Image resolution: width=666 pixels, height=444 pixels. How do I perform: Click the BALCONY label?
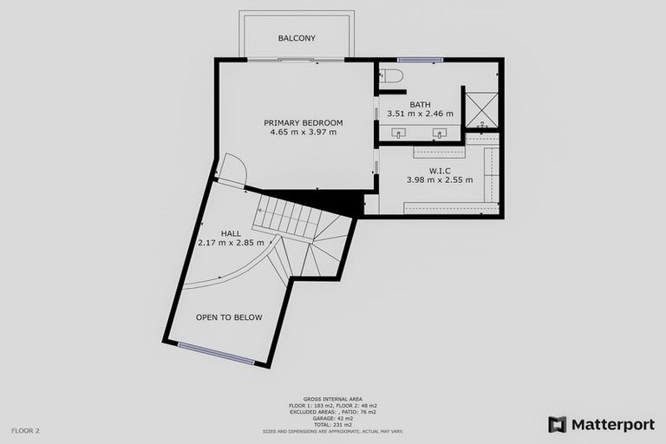[297, 38]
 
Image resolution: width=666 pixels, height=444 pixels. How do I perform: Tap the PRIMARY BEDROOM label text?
[304, 122]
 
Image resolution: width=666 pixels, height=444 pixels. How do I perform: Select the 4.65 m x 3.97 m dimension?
[304, 133]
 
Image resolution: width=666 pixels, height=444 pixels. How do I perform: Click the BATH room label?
[420, 105]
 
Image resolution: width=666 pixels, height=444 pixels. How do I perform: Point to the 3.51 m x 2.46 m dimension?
[420, 114]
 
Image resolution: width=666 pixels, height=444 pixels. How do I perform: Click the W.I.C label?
[438, 171]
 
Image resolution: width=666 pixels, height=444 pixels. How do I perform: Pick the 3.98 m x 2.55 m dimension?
[440, 180]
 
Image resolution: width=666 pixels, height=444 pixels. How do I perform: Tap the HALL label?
[231, 233]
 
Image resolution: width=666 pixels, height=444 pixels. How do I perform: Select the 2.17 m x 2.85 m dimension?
[231, 243]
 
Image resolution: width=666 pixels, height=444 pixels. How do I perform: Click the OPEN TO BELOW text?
[229, 317]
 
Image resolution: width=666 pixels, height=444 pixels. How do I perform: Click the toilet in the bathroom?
[391, 76]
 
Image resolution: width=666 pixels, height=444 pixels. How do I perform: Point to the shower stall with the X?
[476, 108]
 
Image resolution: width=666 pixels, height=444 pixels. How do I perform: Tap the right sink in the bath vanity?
[440, 134]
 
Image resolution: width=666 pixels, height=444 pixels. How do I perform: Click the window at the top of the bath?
[421, 59]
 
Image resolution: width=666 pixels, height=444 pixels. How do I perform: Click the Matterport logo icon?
[558, 425]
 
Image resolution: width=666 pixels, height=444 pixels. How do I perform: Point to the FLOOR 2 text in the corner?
[25, 430]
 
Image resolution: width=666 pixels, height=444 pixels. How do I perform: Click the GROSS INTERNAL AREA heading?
[333, 398]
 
